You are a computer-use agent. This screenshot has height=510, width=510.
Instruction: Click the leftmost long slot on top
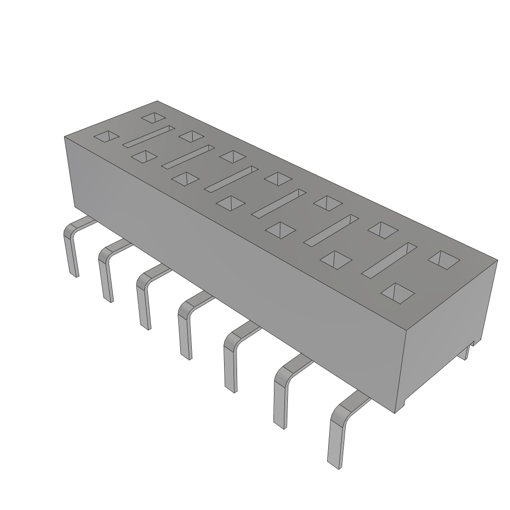[148, 136]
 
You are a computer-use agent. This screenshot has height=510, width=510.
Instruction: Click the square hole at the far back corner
[153, 118]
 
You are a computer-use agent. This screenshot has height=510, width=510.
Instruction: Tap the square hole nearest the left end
[107, 136]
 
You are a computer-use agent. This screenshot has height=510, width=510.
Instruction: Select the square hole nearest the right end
[444, 259]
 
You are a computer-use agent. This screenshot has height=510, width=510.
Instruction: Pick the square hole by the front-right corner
[397, 293]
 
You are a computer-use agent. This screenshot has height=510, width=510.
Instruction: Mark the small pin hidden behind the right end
[465, 353]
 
